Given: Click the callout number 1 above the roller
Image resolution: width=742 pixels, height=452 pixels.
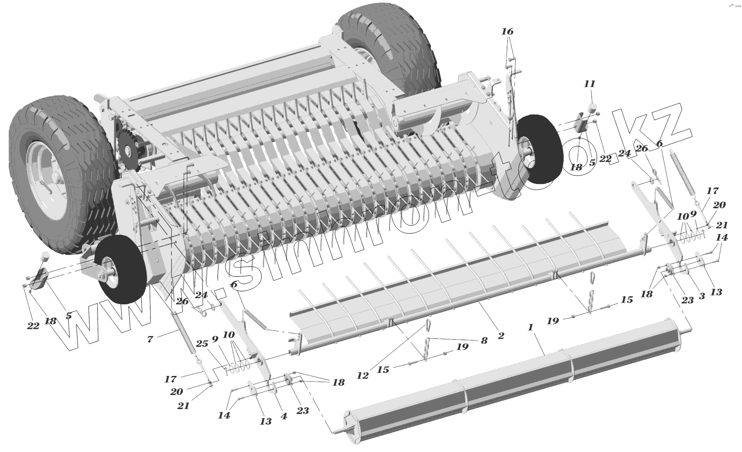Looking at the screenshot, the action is coord(530,328).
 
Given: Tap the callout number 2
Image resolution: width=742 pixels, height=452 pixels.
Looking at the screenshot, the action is coord(501,336).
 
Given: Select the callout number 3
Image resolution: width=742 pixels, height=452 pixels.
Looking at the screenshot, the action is coord(702,296).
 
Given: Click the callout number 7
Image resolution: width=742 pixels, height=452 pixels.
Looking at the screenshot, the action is coord(150,339).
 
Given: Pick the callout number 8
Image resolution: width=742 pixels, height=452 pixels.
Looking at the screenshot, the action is coord(484,341).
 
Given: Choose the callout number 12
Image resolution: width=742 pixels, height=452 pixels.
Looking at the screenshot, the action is coord(363,375).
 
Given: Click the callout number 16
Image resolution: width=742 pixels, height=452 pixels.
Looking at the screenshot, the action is coord(507,31).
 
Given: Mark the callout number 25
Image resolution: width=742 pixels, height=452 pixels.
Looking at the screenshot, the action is coord(202,344).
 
